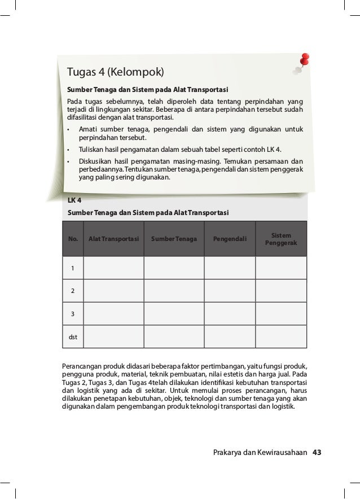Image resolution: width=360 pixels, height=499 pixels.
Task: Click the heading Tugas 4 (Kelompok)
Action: click(x=115, y=72)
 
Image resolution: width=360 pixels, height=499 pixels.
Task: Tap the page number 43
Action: click(x=317, y=452)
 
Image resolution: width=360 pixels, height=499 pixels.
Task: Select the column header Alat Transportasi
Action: click(x=113, y=239)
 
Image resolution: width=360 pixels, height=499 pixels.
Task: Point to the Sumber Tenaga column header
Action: click(x=174, y=239)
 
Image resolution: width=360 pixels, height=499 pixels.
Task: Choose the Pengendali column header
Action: click(x=230, y=239)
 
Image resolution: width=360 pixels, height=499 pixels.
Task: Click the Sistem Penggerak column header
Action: click(x=281, y=239)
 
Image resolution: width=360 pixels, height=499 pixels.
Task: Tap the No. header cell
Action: click(x=73, y=239)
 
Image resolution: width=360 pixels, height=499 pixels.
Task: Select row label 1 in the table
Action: click(x=72, y=268)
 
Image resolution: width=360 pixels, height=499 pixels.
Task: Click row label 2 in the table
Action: click(x=72, y=291)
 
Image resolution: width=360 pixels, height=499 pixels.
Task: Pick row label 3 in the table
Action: click(x=72, y=314)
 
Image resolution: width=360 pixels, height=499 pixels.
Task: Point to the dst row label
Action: click(x=73, y=337)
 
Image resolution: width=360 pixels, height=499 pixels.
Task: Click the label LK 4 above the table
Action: click(x=74, y=200)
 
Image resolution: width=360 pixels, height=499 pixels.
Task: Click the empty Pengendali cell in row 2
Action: click(x=230, y=291)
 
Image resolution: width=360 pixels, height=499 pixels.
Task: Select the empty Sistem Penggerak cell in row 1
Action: click(x=281, y=268)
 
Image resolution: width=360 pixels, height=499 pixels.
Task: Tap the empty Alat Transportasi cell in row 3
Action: click(x=113, y=314)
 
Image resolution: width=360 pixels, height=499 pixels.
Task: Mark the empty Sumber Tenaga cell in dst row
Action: click(x=174, y=337)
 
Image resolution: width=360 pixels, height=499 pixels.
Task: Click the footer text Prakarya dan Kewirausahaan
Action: click(x=260, y=452)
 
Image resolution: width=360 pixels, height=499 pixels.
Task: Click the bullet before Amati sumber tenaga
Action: click(x=68, y=130)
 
